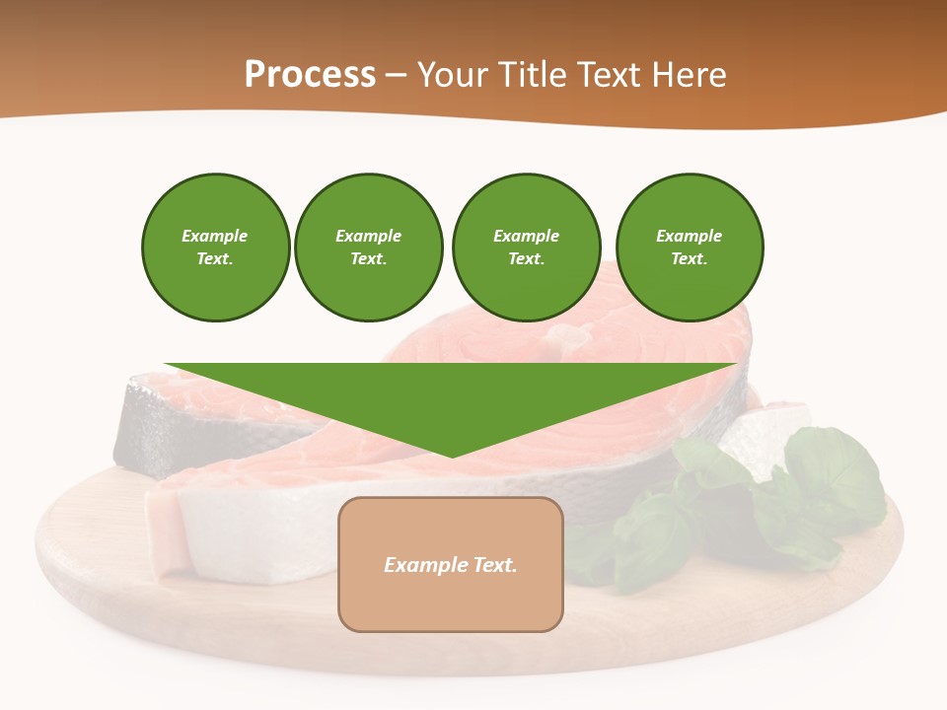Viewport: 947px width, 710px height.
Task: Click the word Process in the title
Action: (310, 74)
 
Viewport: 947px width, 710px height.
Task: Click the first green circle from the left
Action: (216, 248)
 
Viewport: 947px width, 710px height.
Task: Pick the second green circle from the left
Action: (369, 248)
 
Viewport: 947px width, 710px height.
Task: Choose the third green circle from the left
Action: (526, 248)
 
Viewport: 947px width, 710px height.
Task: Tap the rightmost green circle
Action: (690, 248)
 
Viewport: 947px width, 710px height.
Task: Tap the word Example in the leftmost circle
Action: (215, 236)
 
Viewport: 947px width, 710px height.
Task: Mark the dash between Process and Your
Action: (397, 75)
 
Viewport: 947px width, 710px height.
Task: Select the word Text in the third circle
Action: (525, 259)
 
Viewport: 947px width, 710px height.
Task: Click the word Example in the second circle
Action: (369, 236)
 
